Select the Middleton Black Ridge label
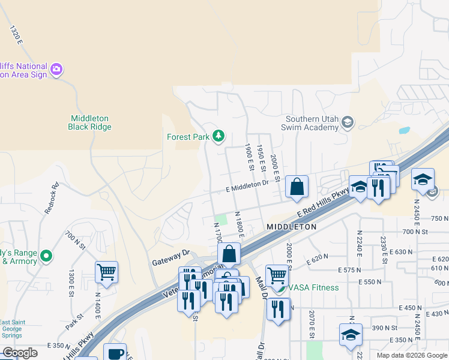(x=90, y=122)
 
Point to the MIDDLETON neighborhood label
(x=291, y=227)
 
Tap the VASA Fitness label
(x=313, y=287)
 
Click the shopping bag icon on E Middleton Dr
(x=297, y=187)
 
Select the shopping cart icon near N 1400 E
(x=106, y=273)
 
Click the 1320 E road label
(x=16, y=35)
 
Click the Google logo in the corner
(x=20, y=353)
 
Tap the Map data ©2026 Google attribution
(x=412, y=355)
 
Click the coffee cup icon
(x=115, y=353)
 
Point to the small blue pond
(x=404, y=130)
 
